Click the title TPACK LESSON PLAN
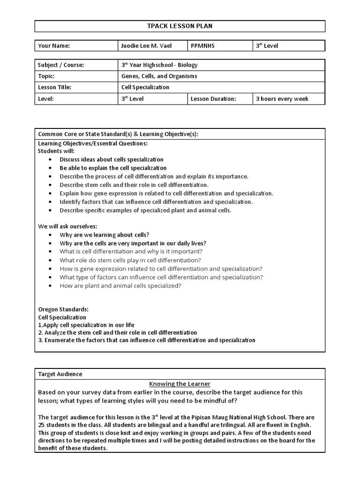180,26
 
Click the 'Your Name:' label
54,46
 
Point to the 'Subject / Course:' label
61,65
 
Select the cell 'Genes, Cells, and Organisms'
159,76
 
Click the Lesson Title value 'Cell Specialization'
145,87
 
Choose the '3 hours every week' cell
282,99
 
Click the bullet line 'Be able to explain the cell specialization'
113,168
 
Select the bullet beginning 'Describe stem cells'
134,185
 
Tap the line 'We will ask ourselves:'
67,226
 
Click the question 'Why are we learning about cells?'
105,235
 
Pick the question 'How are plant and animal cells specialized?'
120,285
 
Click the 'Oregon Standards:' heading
63,309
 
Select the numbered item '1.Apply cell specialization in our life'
86,325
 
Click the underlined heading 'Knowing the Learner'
180,384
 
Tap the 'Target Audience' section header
60,374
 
